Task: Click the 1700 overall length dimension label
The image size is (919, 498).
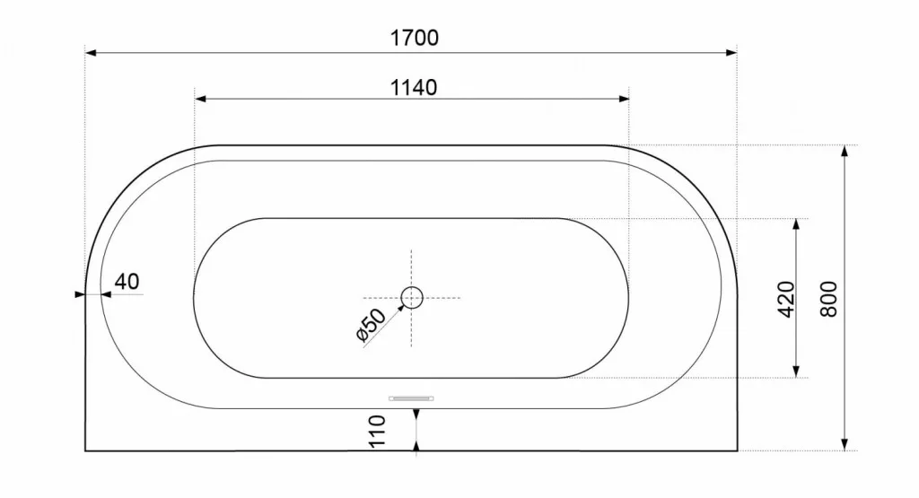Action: (415, 38)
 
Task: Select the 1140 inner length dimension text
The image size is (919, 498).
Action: (414, 88)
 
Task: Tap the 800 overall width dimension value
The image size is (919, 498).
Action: (828, 300)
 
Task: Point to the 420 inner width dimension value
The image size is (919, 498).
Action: (786, 300)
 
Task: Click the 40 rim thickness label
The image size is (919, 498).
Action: (127, 282)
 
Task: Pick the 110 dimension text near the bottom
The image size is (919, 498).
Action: (377, 432)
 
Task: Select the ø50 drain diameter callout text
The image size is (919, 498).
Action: (371, 325)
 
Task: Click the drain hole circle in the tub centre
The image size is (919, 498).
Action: (412, 298)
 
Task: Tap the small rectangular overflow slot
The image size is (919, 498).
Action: (411, 398)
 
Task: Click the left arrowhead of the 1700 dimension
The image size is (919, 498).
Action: (91, 53)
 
